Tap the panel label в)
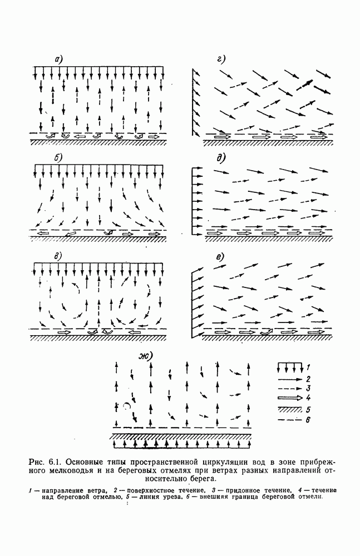pyautogui.click(x=57, y=256)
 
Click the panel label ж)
pyautogui.click(x=146, y=356)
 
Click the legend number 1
pyautogui.click(x=308, y=366)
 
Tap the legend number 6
pyautogui.click(x=308, y=420)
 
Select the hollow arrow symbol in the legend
pyautogui.click(x=289, y=398)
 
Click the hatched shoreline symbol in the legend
pyautogui.click(x=289, y=410)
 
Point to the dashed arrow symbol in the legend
pyautogui.click(x=289, y=389)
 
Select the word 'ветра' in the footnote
pyautogui.click(x=96, y=490)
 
